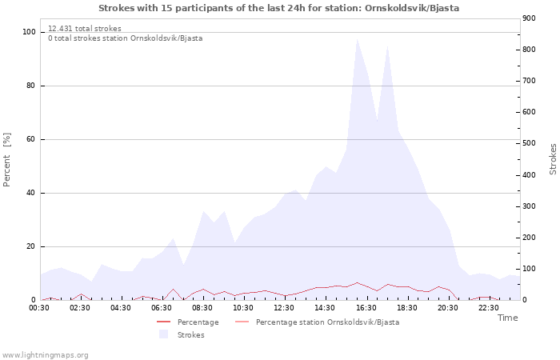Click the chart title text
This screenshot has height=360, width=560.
[x=279, y=8]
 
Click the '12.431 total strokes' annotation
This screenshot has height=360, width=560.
[x=85, y=29]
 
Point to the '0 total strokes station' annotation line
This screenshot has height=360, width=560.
[x=125, y=38]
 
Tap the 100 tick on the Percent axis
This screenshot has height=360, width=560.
[x=30, y=32]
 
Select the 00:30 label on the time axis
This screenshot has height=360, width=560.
[x=40, y=308]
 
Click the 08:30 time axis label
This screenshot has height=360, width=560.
[x=202, y=308]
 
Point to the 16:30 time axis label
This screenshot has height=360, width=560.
[x=366, y=308]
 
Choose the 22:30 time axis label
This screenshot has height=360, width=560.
[x=488, y=308]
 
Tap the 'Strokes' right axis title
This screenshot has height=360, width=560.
[x=553, y=158]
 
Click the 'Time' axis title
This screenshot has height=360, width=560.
[x=507, y=318]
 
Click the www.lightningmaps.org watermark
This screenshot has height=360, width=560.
[x=45, y=354]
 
